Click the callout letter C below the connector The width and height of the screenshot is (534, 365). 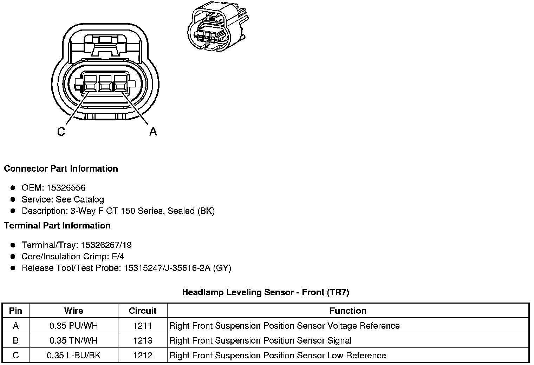pyautogui.click(x=61, y=132)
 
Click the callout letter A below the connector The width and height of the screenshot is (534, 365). pyautogui.click(x=153, y=132)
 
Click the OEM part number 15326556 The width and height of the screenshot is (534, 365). pyautogui.click(x=66, y=188)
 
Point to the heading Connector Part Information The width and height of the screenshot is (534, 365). pyautogui.click(x=61, y=169)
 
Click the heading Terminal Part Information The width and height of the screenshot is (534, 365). pyautogui.click(x=57, y=226)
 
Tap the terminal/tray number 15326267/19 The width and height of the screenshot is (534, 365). pyautogui.click(x=106, y=245)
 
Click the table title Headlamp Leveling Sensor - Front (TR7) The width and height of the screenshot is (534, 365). pyautogui.click(x=266, y=292)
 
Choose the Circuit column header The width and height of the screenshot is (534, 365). pyautogui.click(x=143, y=311)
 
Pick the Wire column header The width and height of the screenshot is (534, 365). pyautogui.click(x=74, y=311)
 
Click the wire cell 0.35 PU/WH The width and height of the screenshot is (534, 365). pyautogui.click(x=74, y=326)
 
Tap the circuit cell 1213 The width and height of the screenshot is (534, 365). pyautogui.click(x=143, y=341)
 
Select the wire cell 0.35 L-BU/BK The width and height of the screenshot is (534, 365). pyautogui.click(x=74, y=356)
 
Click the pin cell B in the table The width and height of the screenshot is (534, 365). pyautogui.click(x=15, y=341)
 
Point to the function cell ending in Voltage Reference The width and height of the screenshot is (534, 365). pyautogui.click(x=284, y=326)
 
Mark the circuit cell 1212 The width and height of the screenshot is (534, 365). pyautogui.click(x=143, y=356)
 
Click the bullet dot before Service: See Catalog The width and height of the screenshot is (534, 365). pyautogui.click(x=13, y=199)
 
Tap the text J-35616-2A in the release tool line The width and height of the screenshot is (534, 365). pyautogui.click(x=189, y=268)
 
